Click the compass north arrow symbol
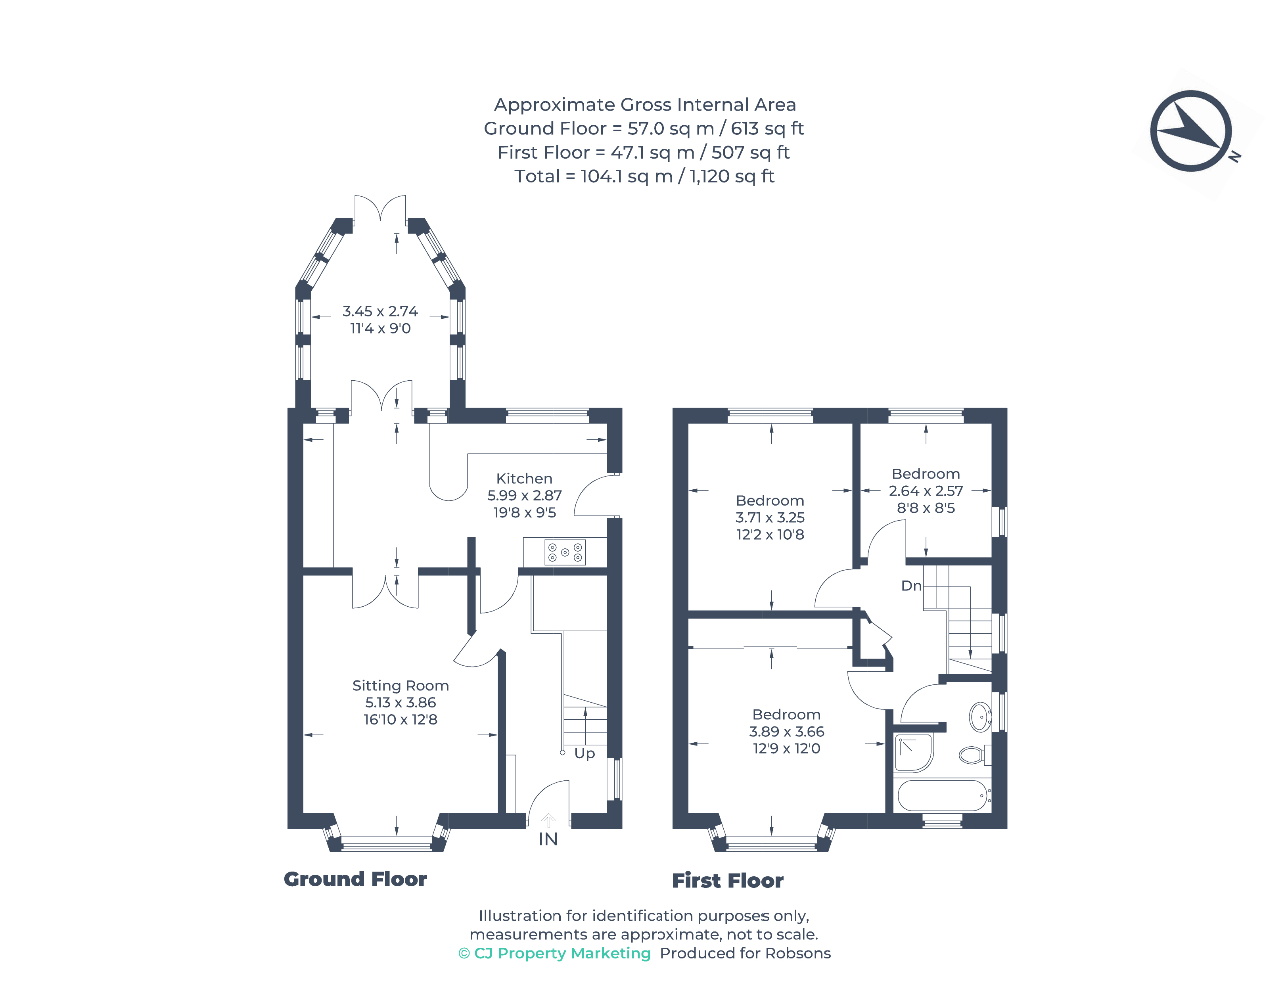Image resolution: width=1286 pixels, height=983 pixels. (1191, 131)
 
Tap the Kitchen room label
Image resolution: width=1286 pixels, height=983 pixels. (524, 479)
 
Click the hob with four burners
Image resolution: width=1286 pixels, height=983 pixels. (565, 552)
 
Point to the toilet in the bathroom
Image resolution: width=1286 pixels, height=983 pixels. (975, 755)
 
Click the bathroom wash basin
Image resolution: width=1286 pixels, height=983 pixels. (980, 717)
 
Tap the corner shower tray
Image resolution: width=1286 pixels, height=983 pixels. (914, 753)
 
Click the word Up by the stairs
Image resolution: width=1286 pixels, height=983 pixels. (585, 754)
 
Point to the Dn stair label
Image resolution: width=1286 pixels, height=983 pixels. (911, 586)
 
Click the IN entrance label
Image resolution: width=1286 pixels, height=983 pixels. (548, 839)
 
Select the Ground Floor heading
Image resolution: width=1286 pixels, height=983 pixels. (355, 880)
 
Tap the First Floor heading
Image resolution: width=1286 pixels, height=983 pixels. (727, 881)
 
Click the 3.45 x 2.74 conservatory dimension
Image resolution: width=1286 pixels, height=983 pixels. (380, 311)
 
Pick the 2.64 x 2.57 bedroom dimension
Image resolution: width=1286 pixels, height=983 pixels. (926, 491)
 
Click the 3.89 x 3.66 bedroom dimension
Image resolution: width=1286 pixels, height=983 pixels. (786, 731)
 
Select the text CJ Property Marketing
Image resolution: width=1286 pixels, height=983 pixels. (562, 954)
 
